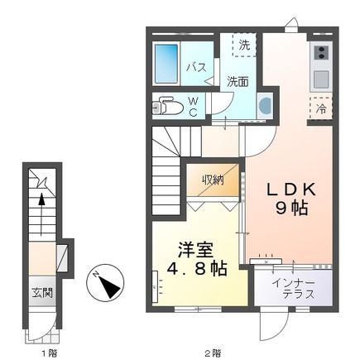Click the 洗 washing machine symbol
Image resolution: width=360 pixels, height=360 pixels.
243,46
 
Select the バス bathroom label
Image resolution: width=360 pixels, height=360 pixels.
196,66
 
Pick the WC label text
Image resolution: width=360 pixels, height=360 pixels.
192,106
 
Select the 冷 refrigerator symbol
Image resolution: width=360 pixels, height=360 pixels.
321,107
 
